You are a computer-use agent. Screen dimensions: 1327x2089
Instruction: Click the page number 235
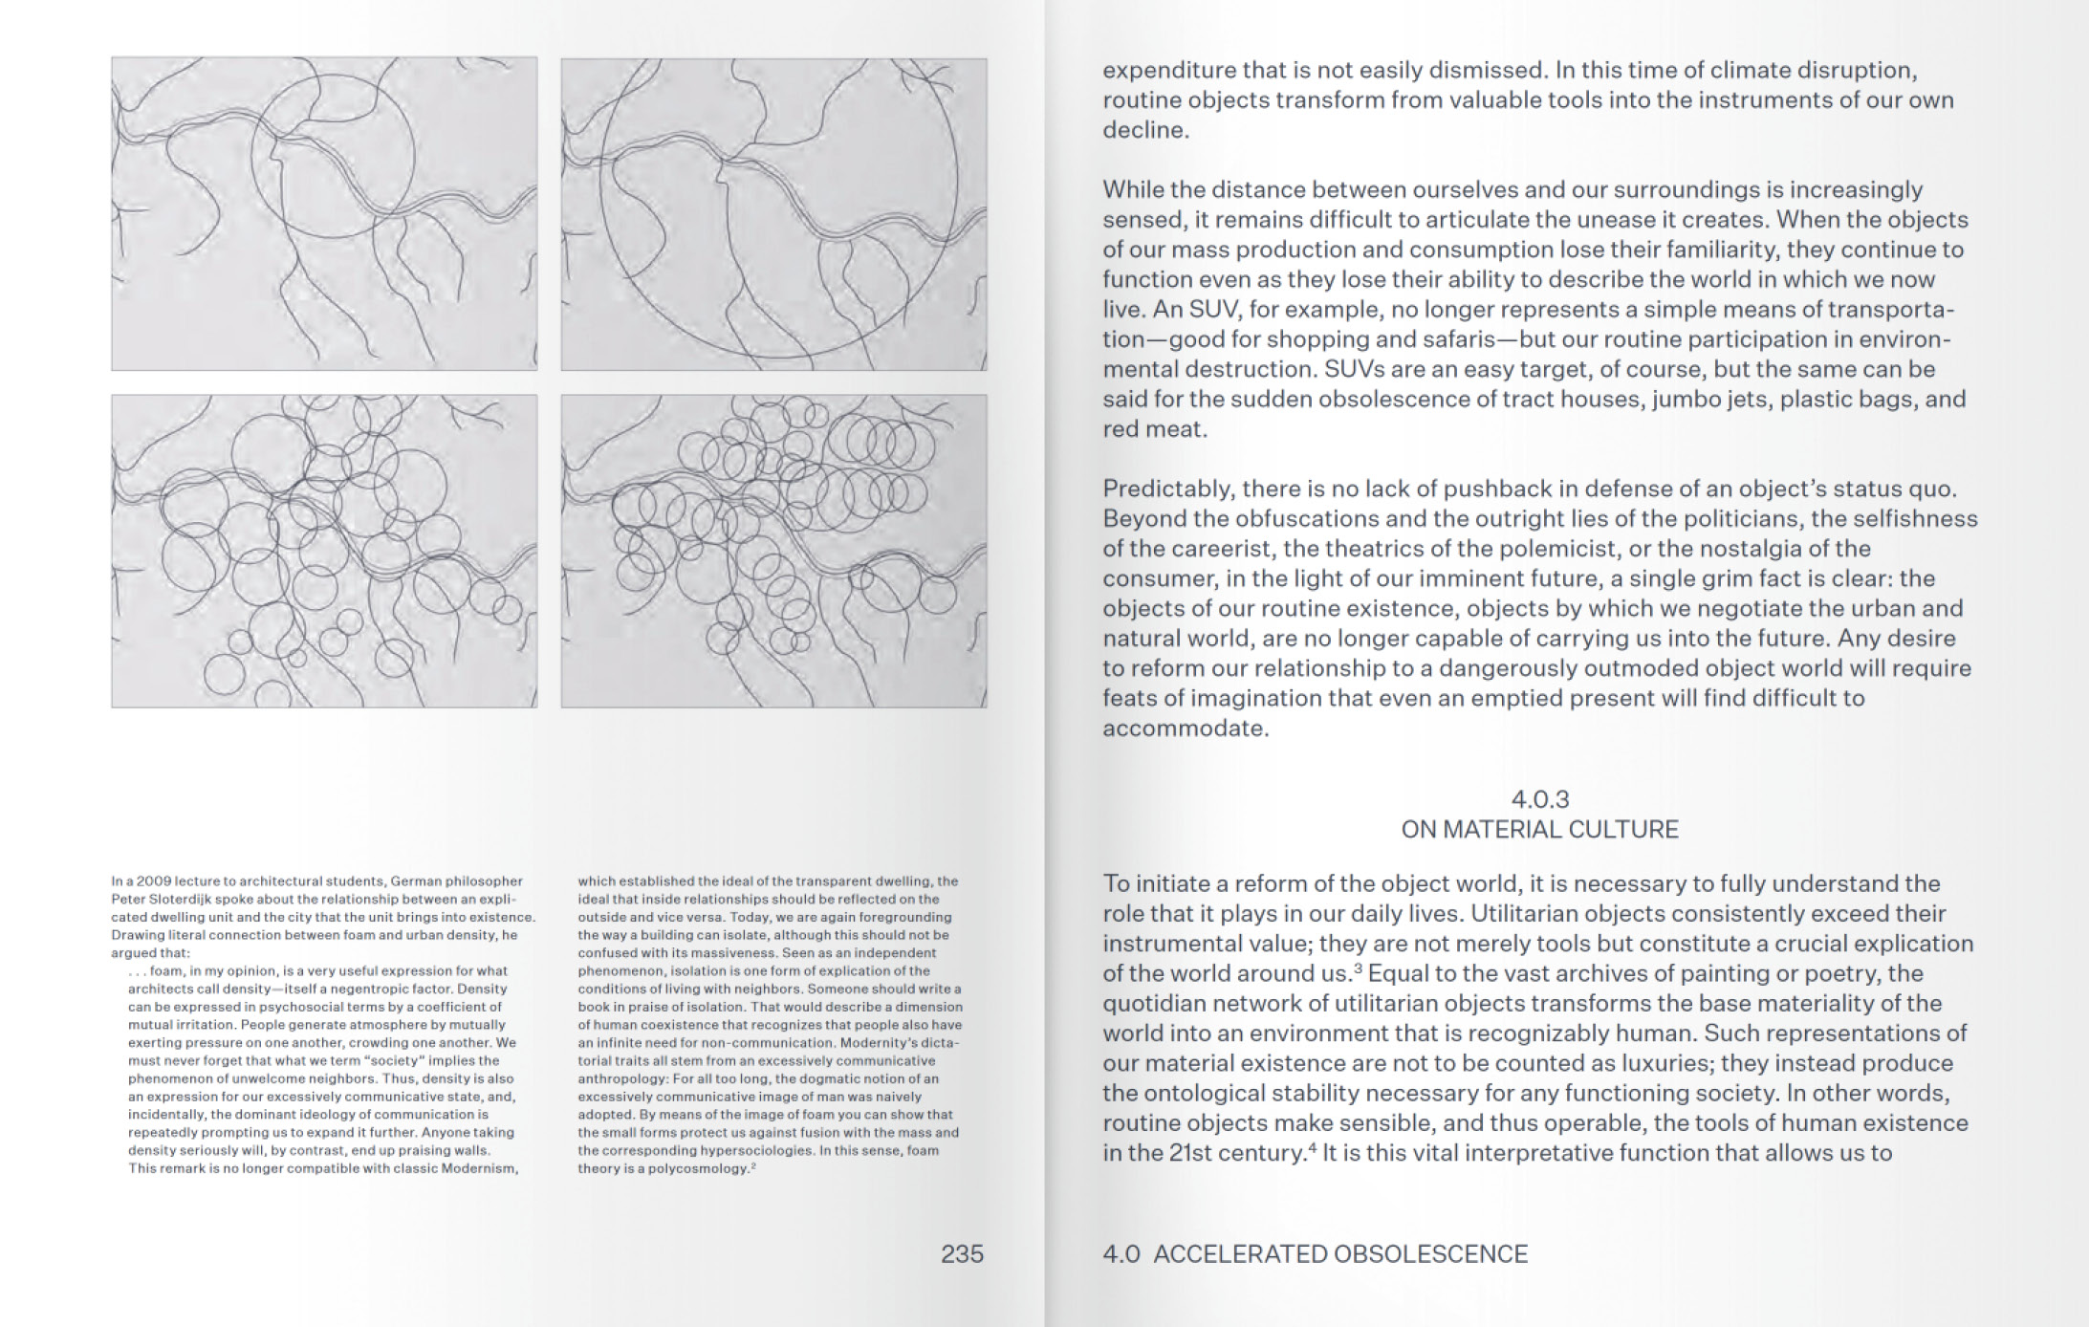click(x=961, y=1254)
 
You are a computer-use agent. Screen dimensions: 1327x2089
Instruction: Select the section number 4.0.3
click(x=1539, y=799)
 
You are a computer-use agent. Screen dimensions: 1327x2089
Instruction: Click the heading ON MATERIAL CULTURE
click(x=1539, y=829)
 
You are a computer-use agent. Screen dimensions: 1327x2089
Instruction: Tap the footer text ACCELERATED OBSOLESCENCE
click(x=1339, y=1254)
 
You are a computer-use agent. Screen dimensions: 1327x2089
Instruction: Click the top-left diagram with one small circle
click(x=324, y=213)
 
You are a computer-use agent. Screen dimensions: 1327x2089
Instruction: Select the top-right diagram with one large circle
click(x=773, y=213)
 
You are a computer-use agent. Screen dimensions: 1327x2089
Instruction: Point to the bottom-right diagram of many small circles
click(x=773, y=551)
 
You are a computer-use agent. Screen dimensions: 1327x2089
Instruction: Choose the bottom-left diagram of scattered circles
click(x=324, y=551)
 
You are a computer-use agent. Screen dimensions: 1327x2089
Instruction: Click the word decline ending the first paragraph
click(x=1144, y=130)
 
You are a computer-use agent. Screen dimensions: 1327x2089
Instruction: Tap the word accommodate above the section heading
click(x=1185, y=729)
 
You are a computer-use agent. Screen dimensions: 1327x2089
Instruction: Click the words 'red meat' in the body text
click(x=1153, y=429)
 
